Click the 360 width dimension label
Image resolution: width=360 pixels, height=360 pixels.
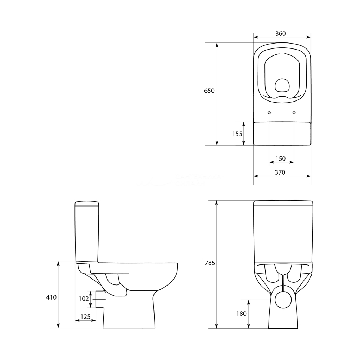(x=280, y=34)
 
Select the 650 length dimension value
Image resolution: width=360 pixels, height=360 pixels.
(x=209, y=91)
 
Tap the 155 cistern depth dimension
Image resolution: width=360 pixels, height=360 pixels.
(x=237, y=133)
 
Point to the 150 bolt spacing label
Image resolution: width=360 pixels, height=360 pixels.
(x=280, y=159)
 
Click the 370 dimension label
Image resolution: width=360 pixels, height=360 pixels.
(x=280, y=172)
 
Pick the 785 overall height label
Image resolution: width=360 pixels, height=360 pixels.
(x=210, y=263)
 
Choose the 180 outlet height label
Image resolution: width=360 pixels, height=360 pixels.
(x=241, y=314)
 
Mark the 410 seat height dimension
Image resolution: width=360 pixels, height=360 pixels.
(x=51, y=297)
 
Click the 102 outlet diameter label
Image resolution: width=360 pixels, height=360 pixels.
(x=84, y=299)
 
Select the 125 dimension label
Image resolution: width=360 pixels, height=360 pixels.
(x=85, y=317)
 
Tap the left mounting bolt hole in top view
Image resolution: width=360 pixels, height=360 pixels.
(x=269, y=113)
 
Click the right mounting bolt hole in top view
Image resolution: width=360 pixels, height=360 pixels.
(x=294, y=113)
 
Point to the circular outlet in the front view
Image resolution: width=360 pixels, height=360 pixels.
(x=283, y=299)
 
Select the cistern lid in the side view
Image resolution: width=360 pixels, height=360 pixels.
(x=86, y=203)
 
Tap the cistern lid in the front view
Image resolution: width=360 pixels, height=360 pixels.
(x=283, y=203)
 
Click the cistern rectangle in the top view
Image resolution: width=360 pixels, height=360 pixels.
(x=282, y=133)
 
